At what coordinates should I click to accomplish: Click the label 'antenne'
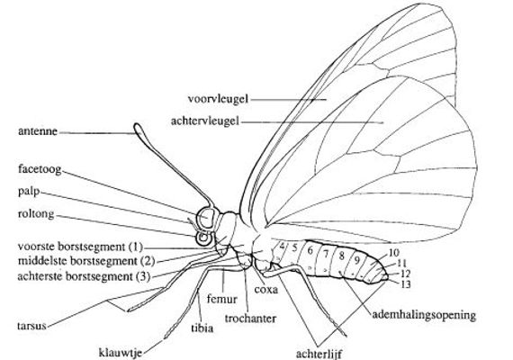[38, 131]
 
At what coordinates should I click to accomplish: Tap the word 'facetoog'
[40, 169]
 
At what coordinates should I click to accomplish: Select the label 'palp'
[29, 192]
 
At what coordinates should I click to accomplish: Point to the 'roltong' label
[36, 213]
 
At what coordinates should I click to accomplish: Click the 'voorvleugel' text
[218, 98]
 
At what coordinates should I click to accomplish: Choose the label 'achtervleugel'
[205, 121]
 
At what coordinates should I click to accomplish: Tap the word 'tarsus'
[31, 326]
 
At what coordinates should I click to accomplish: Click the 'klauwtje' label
[121, 353]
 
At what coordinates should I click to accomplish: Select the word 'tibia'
[202, 328]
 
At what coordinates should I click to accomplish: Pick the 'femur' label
[222, 299]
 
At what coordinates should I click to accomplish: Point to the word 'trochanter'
[250, 318]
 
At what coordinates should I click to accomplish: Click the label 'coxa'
[266, 289]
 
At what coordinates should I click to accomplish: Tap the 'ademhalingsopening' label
[424, 315]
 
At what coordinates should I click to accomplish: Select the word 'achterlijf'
[319, 354]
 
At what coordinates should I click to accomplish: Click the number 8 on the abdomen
[342, 256]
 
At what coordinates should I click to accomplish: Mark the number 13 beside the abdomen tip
[405, 284]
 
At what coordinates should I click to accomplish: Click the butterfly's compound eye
[205, 217]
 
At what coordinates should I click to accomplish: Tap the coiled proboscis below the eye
[203, 238]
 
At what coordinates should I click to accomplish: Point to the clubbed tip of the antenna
[139, 129]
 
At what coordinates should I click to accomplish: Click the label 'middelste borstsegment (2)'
[86, 261]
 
